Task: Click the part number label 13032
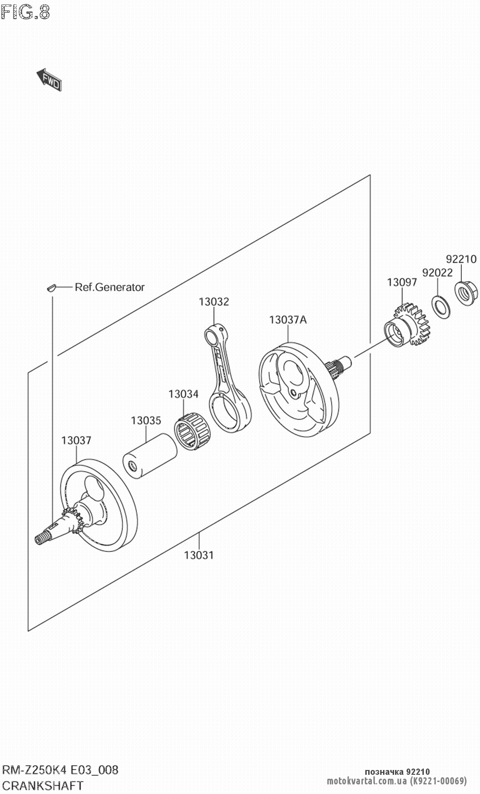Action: [214, 302]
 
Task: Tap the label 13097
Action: [402, 282]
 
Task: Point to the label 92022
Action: [437, 272]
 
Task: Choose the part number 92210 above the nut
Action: [461, 259]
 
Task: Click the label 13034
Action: [183, 394]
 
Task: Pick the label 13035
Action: [146, 420]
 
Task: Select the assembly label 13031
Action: [199, 555]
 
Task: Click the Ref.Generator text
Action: [109, 287]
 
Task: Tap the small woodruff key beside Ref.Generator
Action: [51, 287]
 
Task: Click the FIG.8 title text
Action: [25, 12]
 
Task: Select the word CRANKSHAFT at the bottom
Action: [43, 785]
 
